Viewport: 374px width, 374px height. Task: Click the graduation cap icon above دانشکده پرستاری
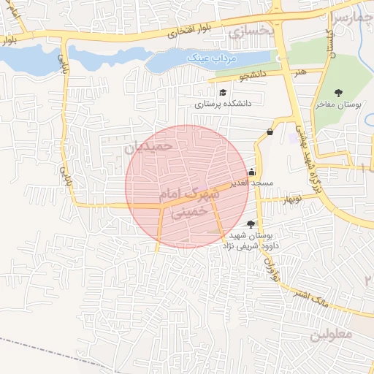click(222, 93)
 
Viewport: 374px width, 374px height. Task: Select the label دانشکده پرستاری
click(222, 104)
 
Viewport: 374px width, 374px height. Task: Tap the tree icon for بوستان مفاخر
click(338, 93)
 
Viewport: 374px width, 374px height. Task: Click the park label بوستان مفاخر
click(338, 105)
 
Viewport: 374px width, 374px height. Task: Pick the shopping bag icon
click(270, 132)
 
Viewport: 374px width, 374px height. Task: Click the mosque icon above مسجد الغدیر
click(251, 172)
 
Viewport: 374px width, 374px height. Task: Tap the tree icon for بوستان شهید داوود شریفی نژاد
click(251, 225)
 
